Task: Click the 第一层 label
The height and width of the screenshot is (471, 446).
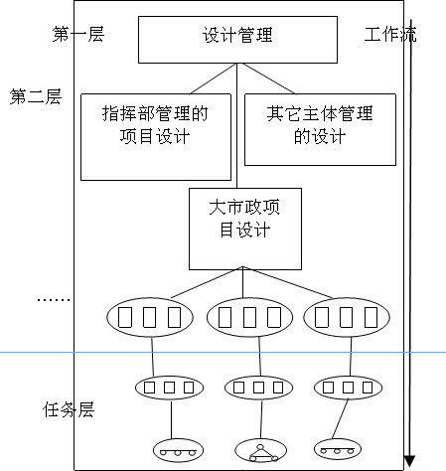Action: point(78,34)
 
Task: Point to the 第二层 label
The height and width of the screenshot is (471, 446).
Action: point(36,96)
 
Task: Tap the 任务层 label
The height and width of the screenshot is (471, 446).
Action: point(69,409)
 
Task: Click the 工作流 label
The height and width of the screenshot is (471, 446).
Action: point(390,34)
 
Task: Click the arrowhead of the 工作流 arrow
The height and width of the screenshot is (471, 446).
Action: point(409,461)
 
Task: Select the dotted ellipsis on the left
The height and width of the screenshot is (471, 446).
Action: point(54,300)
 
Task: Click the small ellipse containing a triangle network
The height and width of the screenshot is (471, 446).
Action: point(261,451)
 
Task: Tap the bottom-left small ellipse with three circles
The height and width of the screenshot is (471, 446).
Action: point(178,450)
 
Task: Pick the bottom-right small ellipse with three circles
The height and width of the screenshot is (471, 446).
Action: point(338,449)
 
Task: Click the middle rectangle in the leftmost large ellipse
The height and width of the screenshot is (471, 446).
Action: point(149,317)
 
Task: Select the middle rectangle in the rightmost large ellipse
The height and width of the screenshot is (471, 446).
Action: point(346,317)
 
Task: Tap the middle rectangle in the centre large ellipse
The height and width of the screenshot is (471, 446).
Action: point(249,317)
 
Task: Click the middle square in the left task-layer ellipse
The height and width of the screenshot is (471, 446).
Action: point(169,388)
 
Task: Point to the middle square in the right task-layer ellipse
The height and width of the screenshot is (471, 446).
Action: point(348,388)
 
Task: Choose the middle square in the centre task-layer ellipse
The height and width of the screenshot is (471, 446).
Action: point(258,388)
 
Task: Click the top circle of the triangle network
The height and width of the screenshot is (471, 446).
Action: point(260,447)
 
